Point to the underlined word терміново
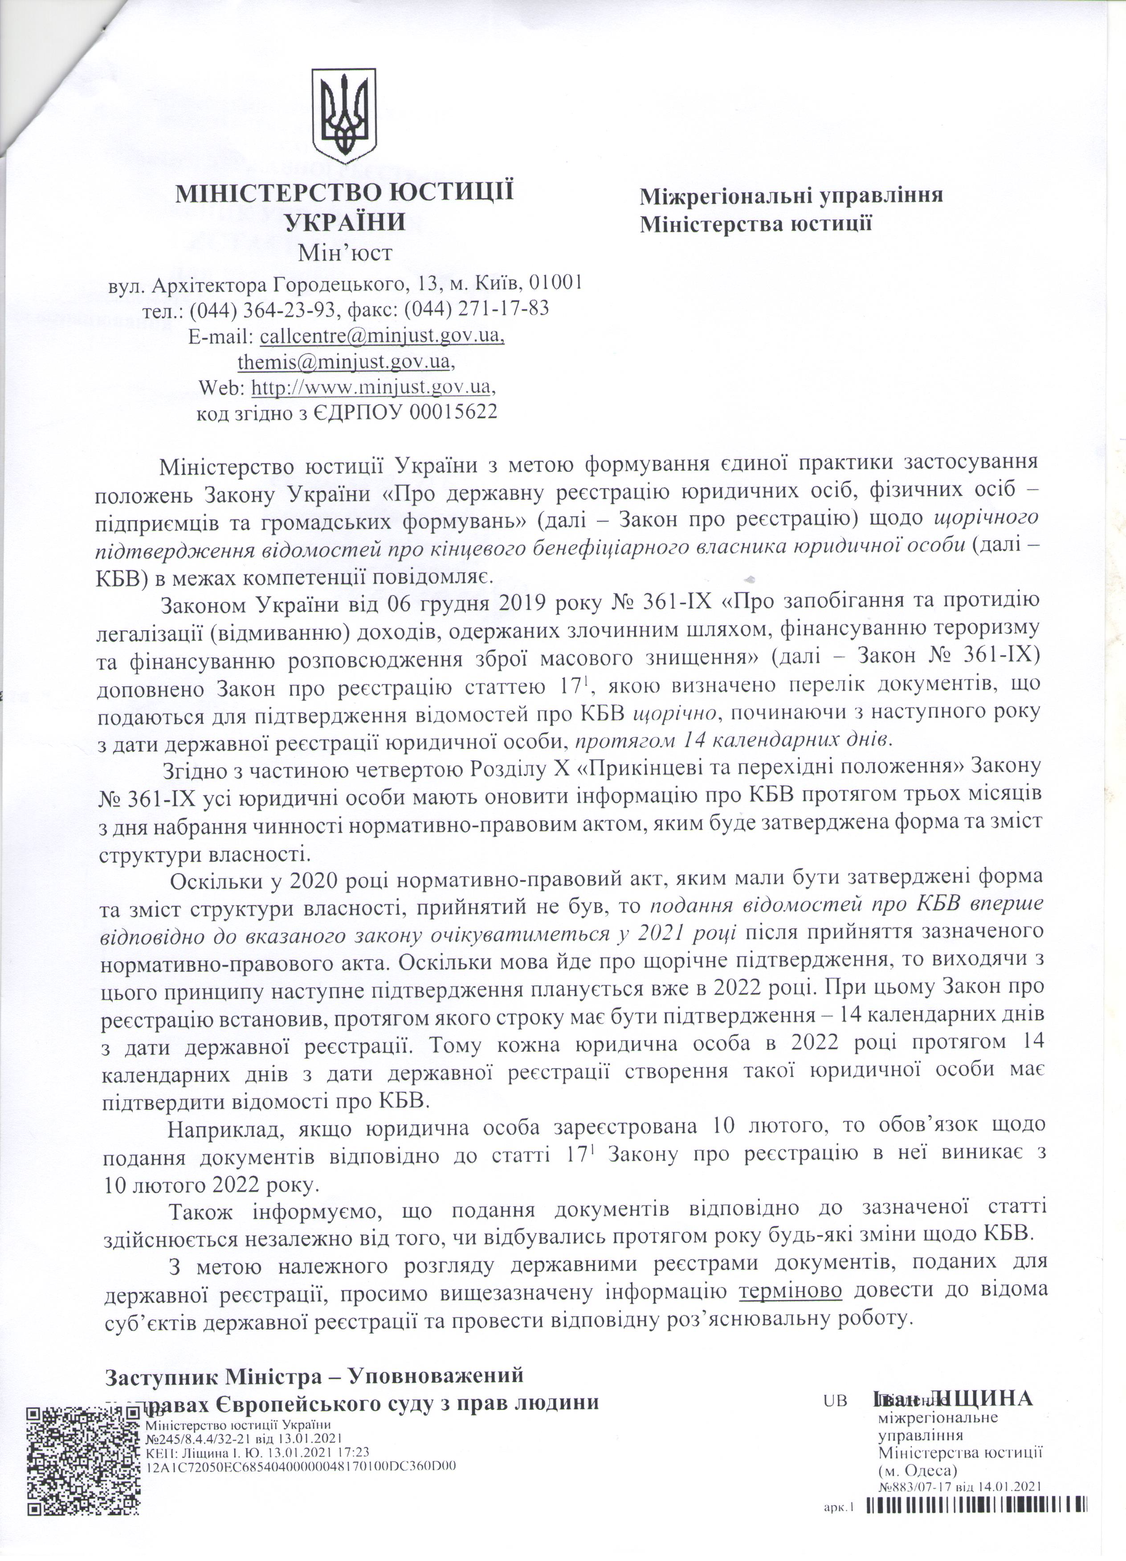(x=791, y=1290)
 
